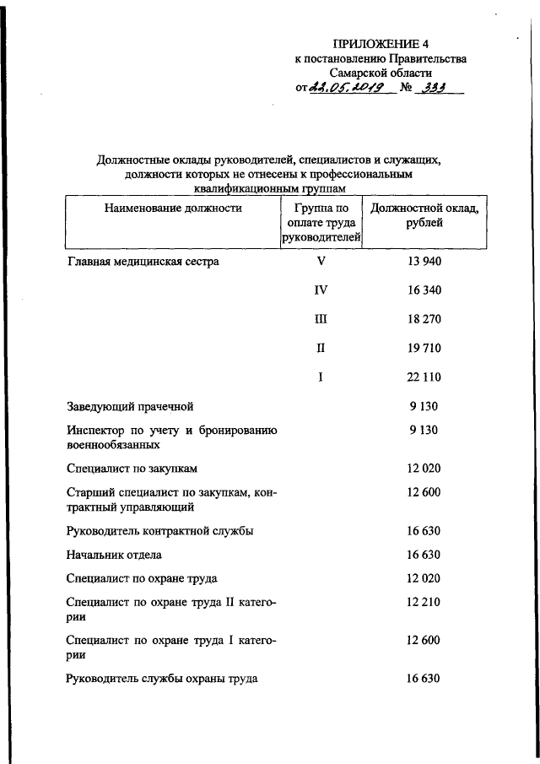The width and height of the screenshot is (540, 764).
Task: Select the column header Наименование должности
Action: [173, 208]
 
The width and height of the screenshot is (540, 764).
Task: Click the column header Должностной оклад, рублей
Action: [424, 215]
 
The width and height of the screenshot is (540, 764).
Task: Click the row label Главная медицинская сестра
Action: [143, 262]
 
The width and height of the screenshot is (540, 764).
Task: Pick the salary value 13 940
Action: [424, 262]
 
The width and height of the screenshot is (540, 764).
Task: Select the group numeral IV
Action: [321, 290]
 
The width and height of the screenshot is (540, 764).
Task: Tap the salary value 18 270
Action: [424, 319]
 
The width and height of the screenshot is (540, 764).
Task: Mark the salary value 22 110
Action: [424, 377]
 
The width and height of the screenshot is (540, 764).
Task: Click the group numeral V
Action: [321, 262]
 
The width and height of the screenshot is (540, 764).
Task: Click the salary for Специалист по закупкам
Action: [424, 468]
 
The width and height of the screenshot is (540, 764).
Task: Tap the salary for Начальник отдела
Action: [424, 555]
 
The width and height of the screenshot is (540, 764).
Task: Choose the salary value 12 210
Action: [424, 603]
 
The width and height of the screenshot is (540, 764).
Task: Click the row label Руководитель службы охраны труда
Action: [162, 678]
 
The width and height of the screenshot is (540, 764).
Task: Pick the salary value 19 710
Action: [424, 348]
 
